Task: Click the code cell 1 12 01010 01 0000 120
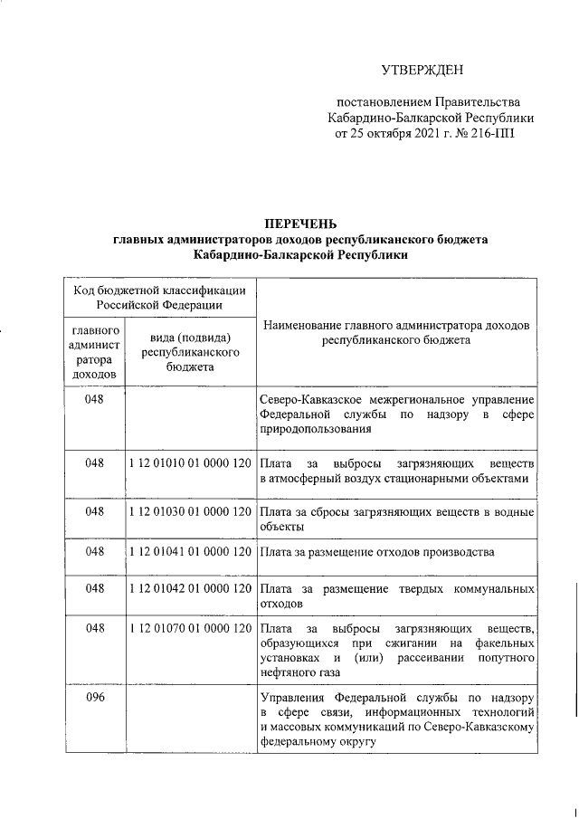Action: coord(190,462)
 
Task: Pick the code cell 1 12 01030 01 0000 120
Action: coord(190,512)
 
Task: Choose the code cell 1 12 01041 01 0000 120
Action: coord(190,550)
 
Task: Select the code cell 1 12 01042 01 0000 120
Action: coord(190,588)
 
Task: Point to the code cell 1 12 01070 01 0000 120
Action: coord(190,627)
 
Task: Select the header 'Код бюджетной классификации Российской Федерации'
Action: coord(159,297)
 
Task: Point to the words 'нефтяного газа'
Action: coord(299,674)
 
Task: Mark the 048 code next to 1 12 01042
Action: coord(95,588)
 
